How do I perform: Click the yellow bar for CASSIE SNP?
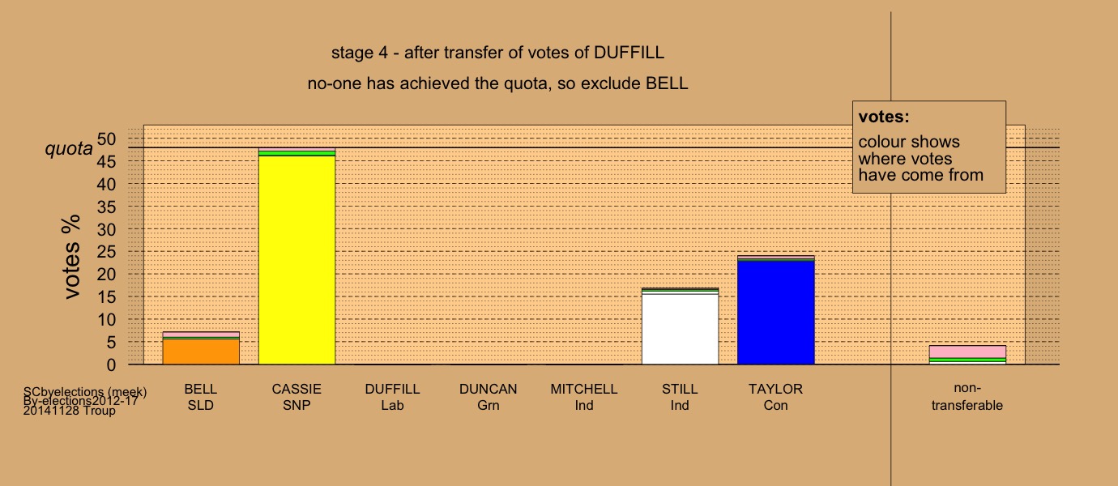coord(297,260)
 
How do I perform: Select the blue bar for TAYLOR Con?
coord(775,313)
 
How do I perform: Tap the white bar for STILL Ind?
coord(680,330)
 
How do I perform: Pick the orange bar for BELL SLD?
coord(201,352)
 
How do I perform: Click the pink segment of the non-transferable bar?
coord(967,352)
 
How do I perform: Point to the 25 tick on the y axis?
coord(106,251)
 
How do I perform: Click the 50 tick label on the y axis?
coord(106,139)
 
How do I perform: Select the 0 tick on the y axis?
coord(111,364)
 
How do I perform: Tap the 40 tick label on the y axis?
coord(106,184)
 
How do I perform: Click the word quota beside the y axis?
coord(69,149)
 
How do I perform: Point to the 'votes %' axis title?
coord(72,257)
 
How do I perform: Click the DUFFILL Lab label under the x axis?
coord(392,397)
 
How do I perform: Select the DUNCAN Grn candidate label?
coord(489,397)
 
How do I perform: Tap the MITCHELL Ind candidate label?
coord(584,397)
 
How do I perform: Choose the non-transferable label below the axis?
coord(967,397)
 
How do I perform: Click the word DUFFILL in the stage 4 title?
coord(629,53)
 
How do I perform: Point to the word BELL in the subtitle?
coord(667,83)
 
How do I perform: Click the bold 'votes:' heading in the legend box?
coord(884,117)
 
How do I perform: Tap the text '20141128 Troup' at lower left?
coord(70,411)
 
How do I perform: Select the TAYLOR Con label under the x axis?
coord(775,397)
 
